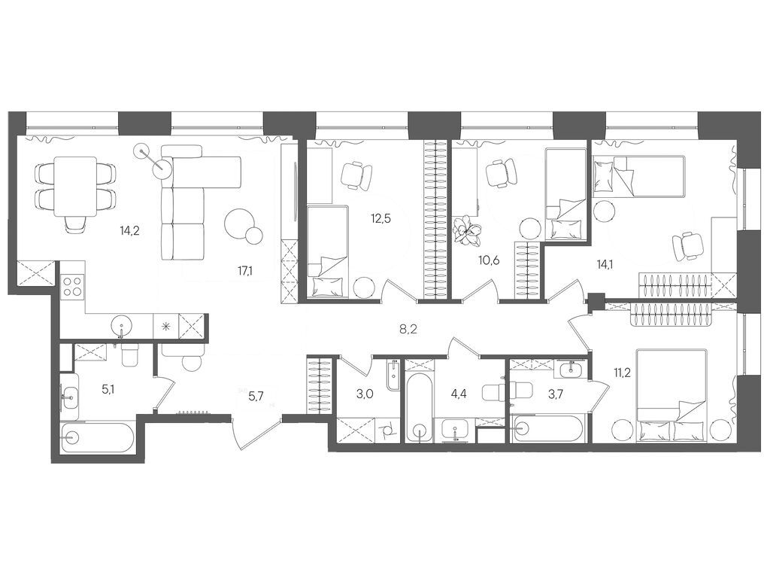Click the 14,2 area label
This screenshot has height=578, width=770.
point(130,231)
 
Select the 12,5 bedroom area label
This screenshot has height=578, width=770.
point(380,219)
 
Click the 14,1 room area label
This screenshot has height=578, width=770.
point(605,263)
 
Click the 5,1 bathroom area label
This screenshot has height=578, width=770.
point(108,391)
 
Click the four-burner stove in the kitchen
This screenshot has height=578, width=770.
point(73,286)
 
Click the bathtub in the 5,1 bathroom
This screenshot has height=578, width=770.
point(97,437)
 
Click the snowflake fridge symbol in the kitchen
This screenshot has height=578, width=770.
point(165,327)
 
